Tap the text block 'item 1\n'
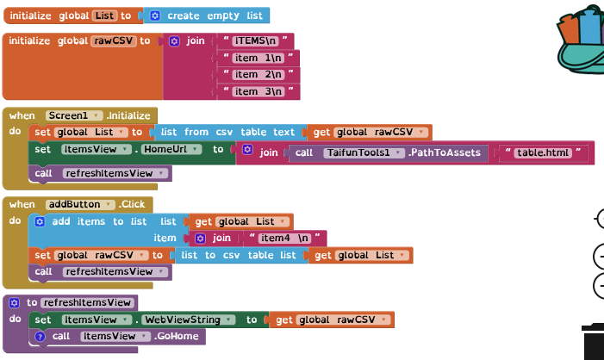point(258,58)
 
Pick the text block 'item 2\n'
point(258,75)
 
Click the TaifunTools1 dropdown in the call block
point(362,153)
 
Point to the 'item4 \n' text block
point(283,238)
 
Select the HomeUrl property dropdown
point(172,149)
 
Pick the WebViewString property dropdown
point(190,320)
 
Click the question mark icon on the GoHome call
point(40,337)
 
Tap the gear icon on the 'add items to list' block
point(40,221)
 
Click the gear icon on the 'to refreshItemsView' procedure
point(14,302)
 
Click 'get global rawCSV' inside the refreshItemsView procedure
point(333,320)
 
